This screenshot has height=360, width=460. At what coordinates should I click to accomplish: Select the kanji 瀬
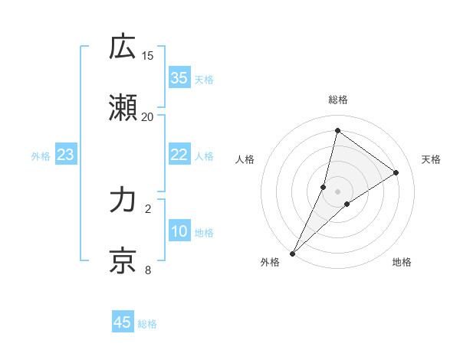pos(123,110)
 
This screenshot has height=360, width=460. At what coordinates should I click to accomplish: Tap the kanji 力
pos(123,200)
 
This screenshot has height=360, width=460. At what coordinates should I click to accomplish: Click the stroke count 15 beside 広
pos(148,55)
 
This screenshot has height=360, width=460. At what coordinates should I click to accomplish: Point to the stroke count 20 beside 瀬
pos(148,116)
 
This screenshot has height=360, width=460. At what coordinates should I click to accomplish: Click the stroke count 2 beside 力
pos(148,208)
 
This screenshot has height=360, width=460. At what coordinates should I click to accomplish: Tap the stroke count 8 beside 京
pos(148,270)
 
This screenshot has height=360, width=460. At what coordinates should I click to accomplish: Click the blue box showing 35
pos(179,77)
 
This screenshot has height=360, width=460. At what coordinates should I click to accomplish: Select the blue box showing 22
pos(179,155)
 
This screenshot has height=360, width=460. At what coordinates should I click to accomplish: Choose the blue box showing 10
pos(179,232)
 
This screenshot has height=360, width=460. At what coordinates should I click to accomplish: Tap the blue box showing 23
pos(66,155)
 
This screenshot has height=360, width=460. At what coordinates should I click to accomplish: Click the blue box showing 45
pos(123,322)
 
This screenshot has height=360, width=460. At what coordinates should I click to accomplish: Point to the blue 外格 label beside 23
pos(41,156)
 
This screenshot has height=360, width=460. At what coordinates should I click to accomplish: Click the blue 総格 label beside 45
pos(147,324)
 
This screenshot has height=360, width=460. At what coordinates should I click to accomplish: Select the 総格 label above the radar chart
pos(338,100)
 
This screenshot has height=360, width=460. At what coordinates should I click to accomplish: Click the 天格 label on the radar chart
pos(431,159)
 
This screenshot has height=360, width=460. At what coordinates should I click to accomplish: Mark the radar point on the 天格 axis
pos(396,172)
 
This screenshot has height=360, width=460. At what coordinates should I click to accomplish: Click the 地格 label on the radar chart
pos(402,263)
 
